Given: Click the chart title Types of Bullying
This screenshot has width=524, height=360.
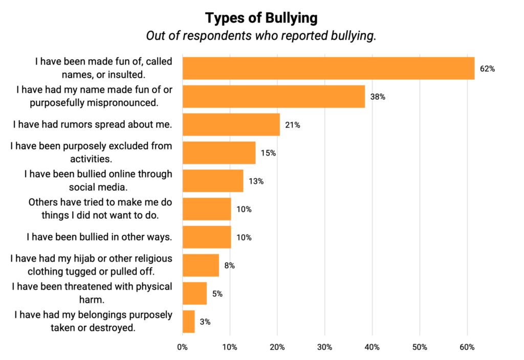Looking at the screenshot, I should pos(261,18).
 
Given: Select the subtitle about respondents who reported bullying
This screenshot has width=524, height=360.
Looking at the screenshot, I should pos(261,36).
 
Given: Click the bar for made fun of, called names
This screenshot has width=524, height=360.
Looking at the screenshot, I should pos(328,68).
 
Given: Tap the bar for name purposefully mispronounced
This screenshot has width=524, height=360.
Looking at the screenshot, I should pos(273,96).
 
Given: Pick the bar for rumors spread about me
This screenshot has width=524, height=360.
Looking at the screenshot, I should pos(231,124).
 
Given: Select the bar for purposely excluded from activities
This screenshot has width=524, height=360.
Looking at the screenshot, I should pos(219,152).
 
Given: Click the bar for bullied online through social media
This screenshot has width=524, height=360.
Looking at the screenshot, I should pos(212,181).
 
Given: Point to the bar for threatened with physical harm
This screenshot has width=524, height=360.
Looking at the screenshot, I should pos(194,294).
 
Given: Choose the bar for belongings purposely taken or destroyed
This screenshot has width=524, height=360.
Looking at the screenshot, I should pos(188,322).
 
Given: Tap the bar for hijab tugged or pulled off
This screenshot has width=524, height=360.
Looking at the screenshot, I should pos(200,265).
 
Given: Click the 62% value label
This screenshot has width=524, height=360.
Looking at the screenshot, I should pos(487,69).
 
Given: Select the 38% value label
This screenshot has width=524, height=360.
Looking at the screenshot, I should pos(378,97).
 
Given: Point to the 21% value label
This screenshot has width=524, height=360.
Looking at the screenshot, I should pos(293,125).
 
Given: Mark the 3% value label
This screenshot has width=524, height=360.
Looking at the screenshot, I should pos(205,322).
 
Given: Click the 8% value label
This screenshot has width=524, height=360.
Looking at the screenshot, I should pos(229,265).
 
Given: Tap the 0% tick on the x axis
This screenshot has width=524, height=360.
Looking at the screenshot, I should pos(182,347).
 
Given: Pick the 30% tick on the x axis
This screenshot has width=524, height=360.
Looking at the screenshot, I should pos(324,347).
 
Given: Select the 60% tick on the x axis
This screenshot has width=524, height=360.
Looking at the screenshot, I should pos(467,347).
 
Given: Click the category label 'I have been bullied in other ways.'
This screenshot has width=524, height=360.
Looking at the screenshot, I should pos(99,237).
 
